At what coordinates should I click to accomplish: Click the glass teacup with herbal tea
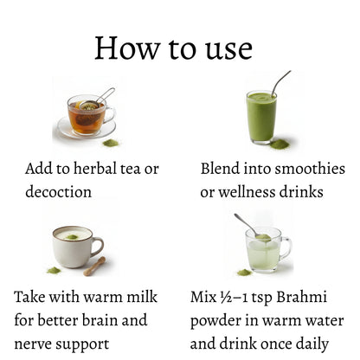87,116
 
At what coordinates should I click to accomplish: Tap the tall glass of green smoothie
260,116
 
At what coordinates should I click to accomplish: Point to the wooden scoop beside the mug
95,266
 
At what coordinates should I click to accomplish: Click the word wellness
254,192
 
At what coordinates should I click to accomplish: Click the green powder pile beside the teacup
112,142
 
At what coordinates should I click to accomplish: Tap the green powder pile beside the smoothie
279,144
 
